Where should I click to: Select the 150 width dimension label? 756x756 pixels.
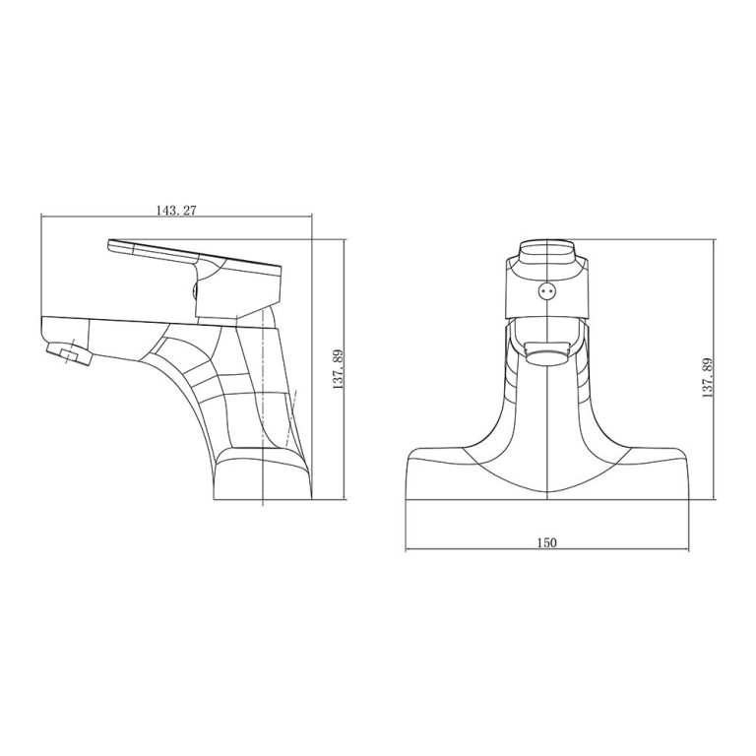click(547, 542)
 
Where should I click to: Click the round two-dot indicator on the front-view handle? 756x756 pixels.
click(547, 291)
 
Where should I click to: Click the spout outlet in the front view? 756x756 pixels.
click(547, 352)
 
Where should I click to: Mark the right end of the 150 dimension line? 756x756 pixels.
click(689, 552)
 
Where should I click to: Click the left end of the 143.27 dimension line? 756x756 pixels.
click(40, 218)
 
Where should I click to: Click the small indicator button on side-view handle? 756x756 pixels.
click(195, 290)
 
